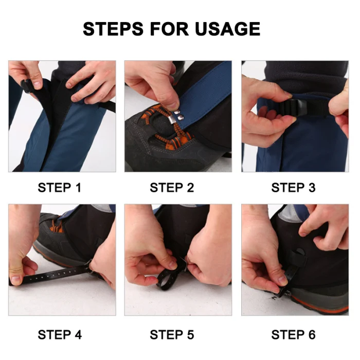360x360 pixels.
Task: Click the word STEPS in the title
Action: tap(113, 29)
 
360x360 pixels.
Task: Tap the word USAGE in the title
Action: tap(227, 29)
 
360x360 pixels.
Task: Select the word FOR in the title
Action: tap(169, 29)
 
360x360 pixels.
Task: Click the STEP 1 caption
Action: tap(60, 188)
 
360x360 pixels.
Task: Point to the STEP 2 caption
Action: tap(172, 188)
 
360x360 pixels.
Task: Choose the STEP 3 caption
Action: tap(293, 188)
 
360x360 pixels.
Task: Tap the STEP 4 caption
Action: tap(60, 334)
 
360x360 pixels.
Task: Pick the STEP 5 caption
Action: tap(172, 334)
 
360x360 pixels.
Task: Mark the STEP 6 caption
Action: tap(293, 334)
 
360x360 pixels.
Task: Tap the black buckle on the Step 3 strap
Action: tap(298, 107)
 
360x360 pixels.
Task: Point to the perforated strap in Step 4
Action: tap(55, 274)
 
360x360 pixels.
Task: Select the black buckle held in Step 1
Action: tap(26, 85)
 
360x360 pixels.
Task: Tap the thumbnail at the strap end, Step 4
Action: tap(16, 279)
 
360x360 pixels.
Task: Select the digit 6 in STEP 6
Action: tap(312, 334)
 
